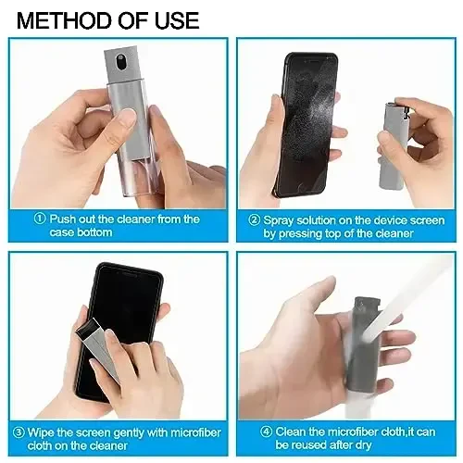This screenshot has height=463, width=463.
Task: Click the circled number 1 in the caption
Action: click(40, 219)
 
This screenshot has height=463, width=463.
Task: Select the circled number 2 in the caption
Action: click(254, 220)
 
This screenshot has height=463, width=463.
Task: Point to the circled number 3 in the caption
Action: click(18, 432)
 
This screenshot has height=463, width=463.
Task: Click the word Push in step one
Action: click(63, 219)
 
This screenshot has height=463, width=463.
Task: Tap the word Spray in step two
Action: click(281, 220)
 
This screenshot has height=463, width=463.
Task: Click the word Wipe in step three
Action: click(43, 432)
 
